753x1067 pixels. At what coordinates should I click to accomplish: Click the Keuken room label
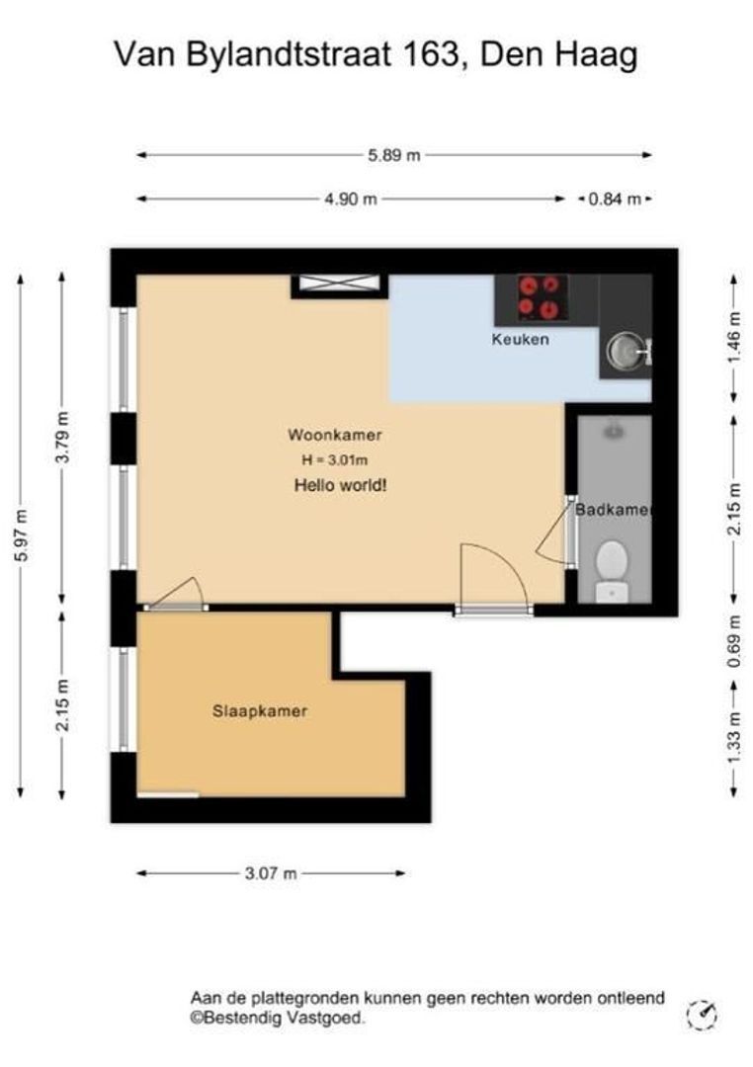pos(520,339)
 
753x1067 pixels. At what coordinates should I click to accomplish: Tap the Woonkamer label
pos(334,435)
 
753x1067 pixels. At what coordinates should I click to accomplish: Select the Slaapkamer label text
pos(260,711)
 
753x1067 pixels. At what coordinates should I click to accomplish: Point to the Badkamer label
pos(614,510)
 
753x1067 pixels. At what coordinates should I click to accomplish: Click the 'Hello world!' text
pos(340,485)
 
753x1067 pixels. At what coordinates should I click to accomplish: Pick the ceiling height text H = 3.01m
pos(335,460)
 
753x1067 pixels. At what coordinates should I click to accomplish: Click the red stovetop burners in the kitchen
pos(540,297)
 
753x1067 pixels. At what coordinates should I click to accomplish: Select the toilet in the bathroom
pos(612,570)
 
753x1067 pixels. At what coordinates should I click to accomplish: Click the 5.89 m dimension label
pos(394,155)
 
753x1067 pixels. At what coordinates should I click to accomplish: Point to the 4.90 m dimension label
pos(350,200)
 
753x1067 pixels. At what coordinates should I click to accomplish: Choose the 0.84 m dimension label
pos(615,200)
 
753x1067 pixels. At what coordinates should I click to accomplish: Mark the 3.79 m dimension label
pos(62,438)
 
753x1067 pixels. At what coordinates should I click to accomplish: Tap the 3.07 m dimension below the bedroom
pos(271,873)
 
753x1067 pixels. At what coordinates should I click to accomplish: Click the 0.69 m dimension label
pos(734,642)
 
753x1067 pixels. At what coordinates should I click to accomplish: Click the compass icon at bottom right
pos(702,1016)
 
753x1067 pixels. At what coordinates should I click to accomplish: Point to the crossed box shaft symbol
pos(340,284)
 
